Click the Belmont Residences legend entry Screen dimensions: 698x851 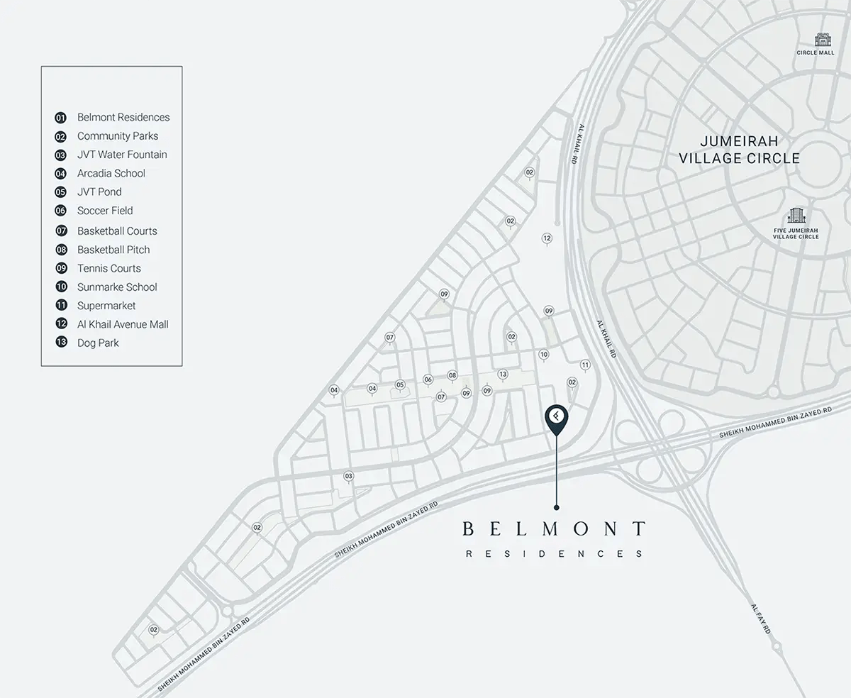123,118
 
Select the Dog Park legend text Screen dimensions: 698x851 98,343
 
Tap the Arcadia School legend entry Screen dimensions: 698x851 111,174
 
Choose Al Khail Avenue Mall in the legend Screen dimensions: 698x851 123,325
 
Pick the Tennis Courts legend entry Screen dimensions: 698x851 109,269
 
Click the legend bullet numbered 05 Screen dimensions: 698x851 61,192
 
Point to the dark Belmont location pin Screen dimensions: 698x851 557,419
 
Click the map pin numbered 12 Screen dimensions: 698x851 547,238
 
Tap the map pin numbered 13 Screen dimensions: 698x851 503,374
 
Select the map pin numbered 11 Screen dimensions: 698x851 585,365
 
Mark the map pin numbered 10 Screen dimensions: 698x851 544,355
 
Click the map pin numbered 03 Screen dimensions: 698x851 348,476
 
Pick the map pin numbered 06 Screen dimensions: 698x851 428,380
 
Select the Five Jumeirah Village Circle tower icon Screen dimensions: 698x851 795,216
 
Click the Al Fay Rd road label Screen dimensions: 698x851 761,619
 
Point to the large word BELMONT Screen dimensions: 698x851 554,529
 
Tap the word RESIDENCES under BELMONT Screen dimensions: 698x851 554,554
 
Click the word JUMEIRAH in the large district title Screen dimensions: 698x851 739,141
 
